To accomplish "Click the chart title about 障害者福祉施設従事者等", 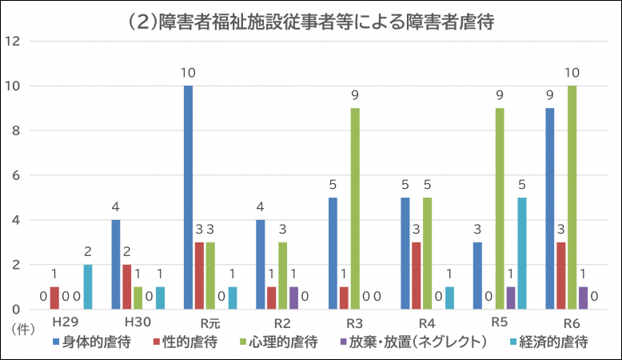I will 311,22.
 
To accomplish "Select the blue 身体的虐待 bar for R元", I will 188,198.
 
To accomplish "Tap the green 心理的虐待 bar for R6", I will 572,198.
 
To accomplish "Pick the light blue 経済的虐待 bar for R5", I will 521,254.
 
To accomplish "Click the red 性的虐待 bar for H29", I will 55,298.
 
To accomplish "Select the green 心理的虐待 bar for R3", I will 354,209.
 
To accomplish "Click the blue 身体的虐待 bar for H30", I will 116,265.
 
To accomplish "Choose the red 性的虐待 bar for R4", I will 416,276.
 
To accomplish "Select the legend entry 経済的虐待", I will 549,343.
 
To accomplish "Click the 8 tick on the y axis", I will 18,131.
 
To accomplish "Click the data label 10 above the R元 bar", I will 188,74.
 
